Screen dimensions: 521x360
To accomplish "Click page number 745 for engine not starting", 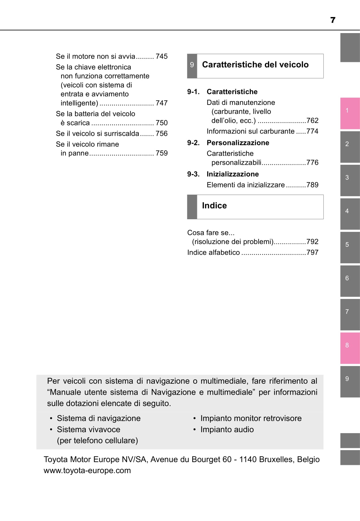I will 161,56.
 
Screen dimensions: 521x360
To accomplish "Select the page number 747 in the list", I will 161,103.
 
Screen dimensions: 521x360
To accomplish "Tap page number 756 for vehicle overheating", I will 161,134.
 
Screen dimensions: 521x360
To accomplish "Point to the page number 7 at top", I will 333,20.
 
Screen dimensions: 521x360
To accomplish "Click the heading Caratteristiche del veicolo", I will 255,65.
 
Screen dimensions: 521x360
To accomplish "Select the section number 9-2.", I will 193,143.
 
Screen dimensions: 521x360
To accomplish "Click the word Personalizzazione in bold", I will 238,143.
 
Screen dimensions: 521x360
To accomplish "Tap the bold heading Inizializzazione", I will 232,174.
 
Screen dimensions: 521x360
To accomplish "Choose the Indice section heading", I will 214,206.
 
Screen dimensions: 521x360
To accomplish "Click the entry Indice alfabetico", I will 213,252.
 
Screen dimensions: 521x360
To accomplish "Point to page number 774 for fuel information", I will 312,131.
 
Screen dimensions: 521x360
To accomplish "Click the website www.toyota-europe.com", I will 87,470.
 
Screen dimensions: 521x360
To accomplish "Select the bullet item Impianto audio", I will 227,429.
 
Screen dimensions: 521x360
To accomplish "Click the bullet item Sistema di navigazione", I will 99,418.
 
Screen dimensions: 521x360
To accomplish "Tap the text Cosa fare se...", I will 211,233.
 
